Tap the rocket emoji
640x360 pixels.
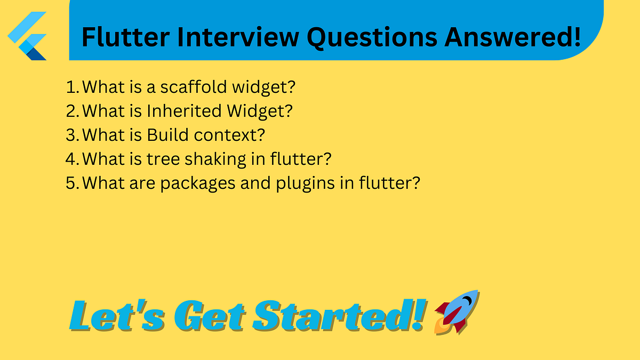tap(457, 313)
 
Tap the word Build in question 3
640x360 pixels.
tap(169, 135)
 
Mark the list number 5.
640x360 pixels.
tap(71, 183)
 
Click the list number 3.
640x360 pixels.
tap(71, 135)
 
